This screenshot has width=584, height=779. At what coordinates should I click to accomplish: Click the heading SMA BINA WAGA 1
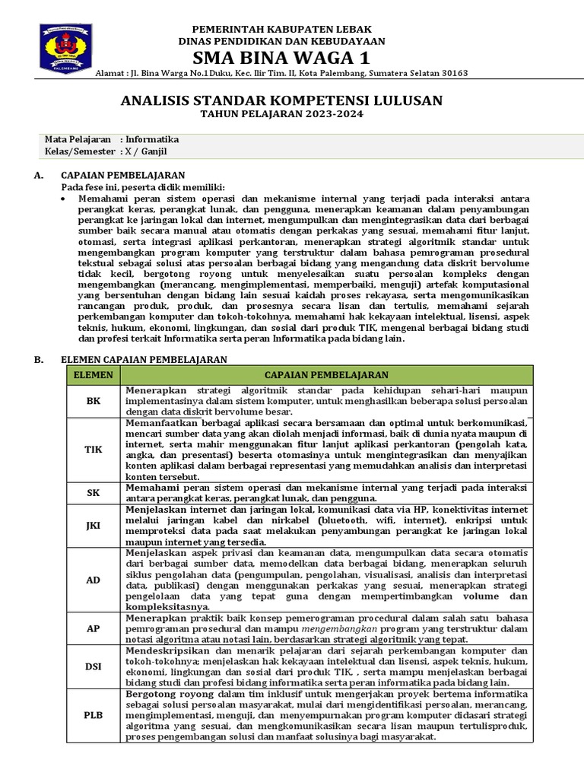(x=281, y=58)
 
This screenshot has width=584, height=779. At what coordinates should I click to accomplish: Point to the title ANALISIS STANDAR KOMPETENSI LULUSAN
(x=281, y=100)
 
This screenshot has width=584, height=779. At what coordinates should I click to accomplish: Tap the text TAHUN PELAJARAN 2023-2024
(x=281, y=115)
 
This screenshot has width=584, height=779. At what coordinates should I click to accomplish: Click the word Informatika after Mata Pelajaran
(x=153, y=140)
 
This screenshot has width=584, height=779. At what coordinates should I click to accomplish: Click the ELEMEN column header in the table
(x=92, y=375)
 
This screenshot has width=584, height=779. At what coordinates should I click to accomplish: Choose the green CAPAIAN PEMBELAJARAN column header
(x=326, y=375)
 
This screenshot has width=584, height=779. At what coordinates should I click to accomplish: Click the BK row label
(x=92, y=400)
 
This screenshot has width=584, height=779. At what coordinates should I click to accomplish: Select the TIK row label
(x=92, y=449)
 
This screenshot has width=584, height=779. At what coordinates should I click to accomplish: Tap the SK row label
(x=92, y=492)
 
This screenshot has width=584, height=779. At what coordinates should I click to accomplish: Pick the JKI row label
(x=92, y=525)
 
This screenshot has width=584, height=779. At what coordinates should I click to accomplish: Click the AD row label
(x=92, y=580)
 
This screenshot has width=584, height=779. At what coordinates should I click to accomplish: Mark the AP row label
(x=92, y=630)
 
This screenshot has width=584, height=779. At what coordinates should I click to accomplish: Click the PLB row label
(x=92, y=716)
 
